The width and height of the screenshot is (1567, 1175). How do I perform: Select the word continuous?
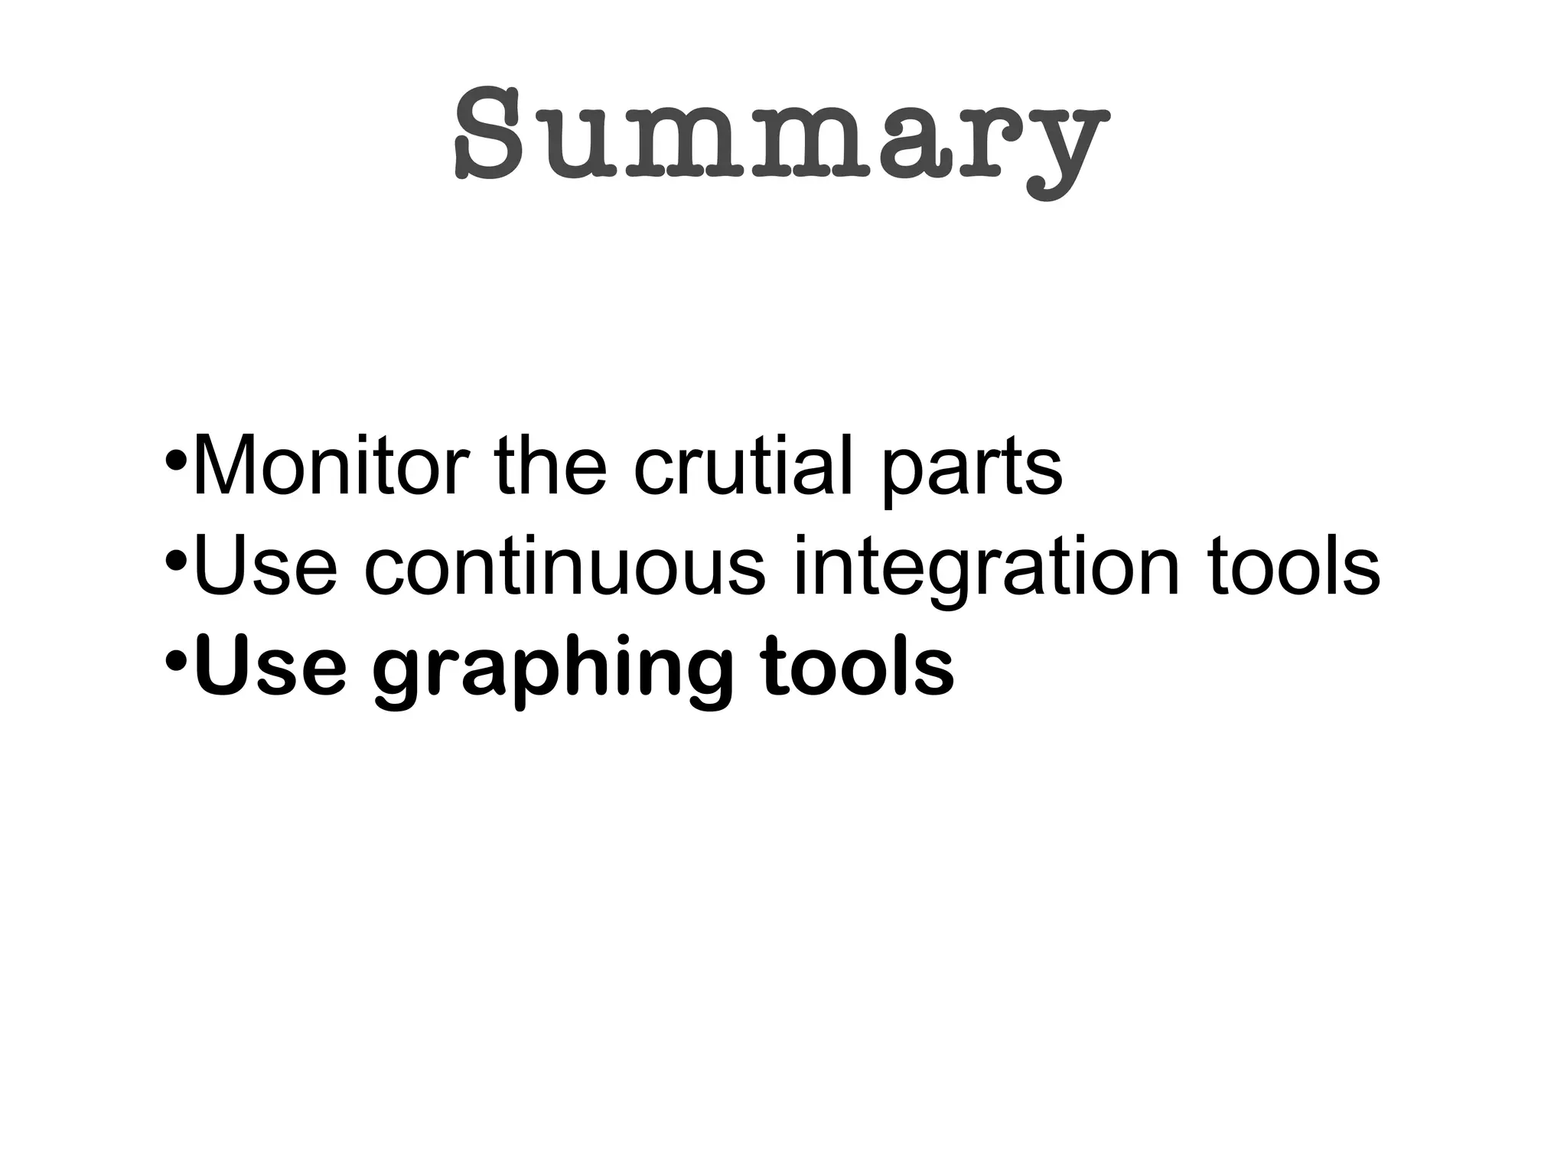[x=565, y=567]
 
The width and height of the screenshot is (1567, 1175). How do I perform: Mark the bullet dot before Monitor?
[x=176, y=463]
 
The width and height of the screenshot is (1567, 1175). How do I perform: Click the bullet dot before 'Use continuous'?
[x=176, y=564]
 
